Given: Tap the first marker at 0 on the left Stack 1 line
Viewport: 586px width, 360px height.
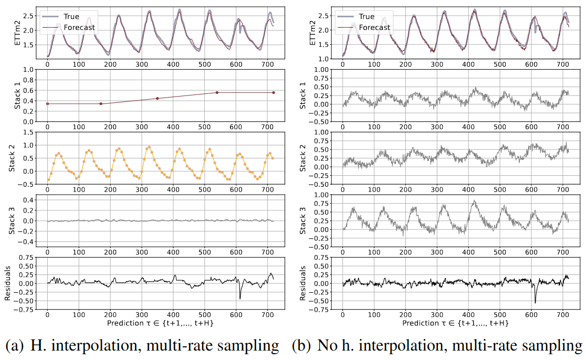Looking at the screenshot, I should point(47,104).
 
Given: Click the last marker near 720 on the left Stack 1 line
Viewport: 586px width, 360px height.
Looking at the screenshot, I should point(274,93).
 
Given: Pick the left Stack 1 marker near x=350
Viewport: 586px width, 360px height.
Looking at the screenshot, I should point(157,99).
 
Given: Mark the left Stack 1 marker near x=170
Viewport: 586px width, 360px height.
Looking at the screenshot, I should point(101,104).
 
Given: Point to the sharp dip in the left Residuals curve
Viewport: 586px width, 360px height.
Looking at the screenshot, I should point(240,298).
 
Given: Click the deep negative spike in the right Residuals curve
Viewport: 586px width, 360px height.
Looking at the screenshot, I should point(536,302).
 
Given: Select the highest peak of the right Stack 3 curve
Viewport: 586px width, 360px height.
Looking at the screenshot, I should point(475,200).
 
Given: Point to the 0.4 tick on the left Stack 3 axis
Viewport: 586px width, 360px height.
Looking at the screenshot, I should point(31,200).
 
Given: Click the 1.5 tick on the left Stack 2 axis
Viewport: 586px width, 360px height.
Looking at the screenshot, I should point(31,132).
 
